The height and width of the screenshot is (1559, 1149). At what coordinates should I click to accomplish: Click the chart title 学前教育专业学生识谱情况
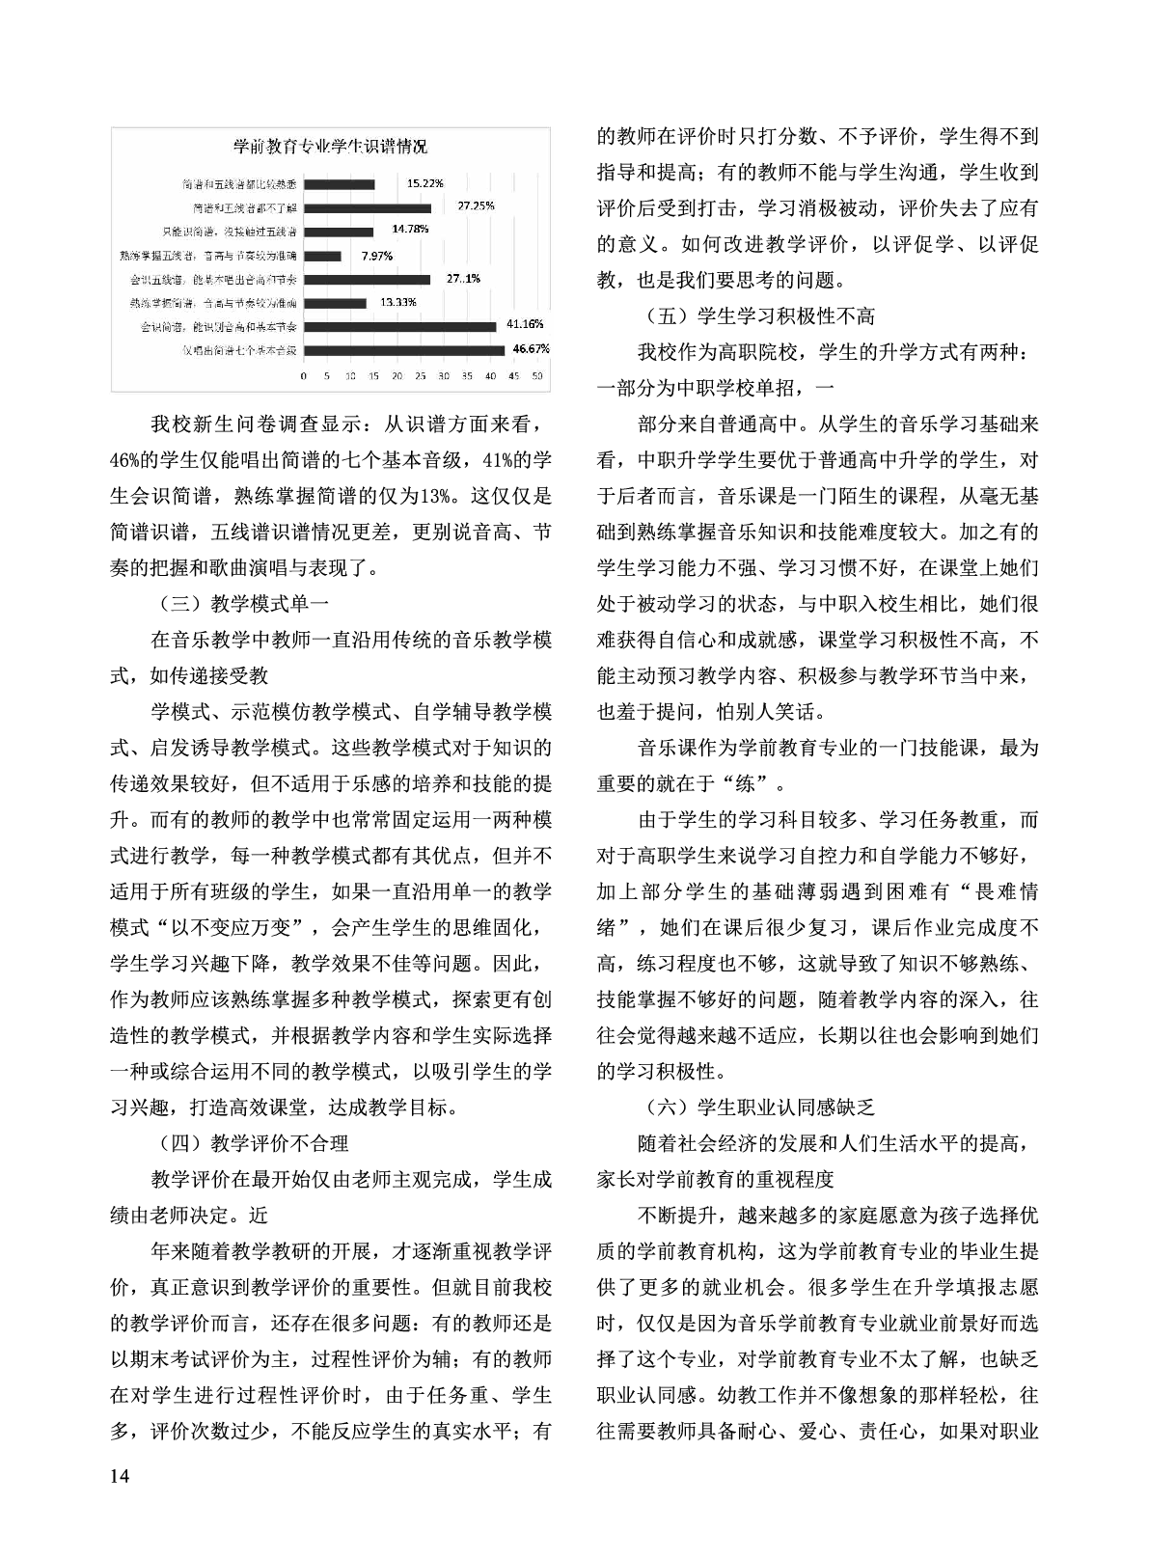coord(331,147)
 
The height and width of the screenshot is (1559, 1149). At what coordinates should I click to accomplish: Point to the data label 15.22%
coord(424,182)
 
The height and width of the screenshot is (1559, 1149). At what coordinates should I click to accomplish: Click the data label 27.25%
coord(476,205)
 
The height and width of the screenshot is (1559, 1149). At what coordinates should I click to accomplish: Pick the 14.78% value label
coord(410,230)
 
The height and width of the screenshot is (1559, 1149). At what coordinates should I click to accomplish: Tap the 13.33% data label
coord(397,302)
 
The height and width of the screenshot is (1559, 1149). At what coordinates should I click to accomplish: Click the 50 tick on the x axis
coord(537,374)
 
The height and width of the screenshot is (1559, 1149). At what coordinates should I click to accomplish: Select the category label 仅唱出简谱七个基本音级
coord(241,349)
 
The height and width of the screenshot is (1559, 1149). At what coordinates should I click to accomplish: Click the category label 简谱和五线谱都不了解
coord(244,207)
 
